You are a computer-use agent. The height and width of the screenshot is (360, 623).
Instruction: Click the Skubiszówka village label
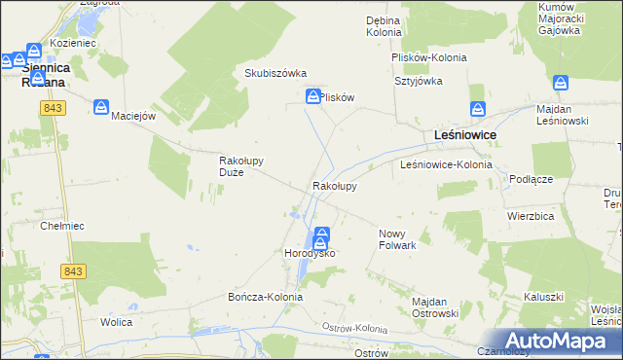tap(275, 74)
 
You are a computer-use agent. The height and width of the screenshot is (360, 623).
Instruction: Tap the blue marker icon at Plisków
tap(313, 96)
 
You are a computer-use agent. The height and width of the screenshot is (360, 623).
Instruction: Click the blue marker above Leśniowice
tap(477, 110)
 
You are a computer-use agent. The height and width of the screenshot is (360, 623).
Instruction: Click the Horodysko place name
tap(309, 253)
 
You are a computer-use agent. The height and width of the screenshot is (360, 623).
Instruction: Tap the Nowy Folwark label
tap(397, 239)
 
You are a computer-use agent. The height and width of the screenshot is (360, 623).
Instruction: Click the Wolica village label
tap(117, 321)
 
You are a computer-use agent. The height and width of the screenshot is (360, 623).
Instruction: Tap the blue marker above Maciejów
tap(102, 107)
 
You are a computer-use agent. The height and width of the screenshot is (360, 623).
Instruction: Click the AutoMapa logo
tap(566, 341)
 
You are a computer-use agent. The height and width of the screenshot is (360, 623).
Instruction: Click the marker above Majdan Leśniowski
tap(560, 84)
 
